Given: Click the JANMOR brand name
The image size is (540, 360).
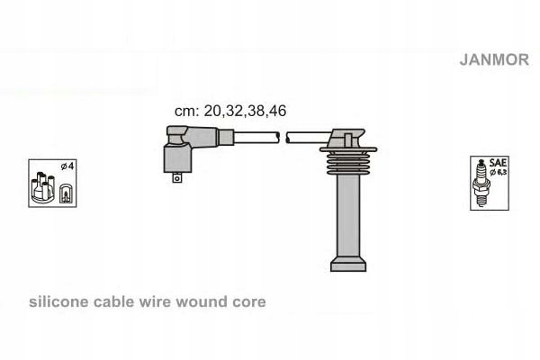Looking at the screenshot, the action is [x=494, y=59].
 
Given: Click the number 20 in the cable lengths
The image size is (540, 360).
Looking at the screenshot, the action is [x=212, y=111].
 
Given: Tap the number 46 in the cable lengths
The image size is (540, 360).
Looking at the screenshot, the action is [x=278, y=111].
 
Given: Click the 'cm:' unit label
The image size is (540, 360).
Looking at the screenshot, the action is [x=186, y=112].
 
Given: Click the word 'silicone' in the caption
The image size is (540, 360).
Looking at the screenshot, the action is [x=58, y=301].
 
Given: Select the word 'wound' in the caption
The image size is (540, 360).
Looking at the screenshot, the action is [x=202, y=301].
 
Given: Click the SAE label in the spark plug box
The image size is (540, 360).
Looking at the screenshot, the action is [x=498, y=163].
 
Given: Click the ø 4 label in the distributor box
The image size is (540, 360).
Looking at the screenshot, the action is [x=67, y=166].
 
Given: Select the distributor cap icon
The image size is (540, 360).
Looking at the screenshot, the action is [x=42, y=187].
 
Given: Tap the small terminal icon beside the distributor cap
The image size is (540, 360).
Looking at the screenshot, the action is [x=65, y=194].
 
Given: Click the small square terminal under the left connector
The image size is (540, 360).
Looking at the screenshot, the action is [x=176, y=178].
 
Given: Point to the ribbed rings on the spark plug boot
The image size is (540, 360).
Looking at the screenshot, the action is [x=348, y=162].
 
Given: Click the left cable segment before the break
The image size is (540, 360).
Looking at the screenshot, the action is [x=256, y=138].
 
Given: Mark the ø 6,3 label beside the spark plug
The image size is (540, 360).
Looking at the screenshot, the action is [x=499, y=172].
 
